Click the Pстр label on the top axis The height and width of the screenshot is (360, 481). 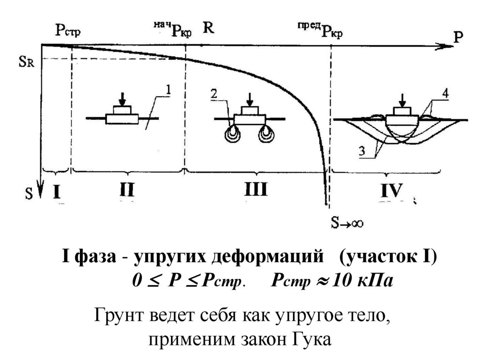tap(68, 31)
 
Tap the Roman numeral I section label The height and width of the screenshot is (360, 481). tap(56, 191)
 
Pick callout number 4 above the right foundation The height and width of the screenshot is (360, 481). tap(444, 93)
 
